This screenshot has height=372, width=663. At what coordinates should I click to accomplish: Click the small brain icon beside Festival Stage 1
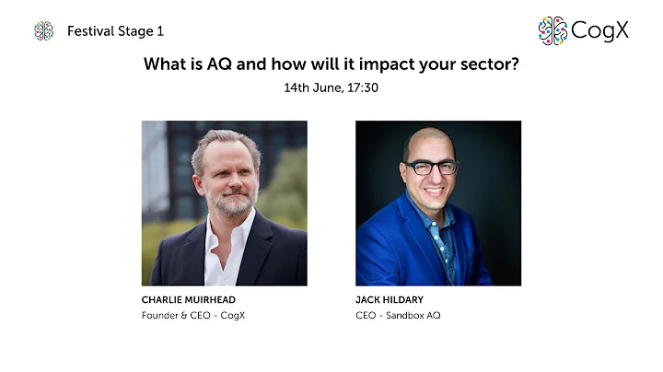point(43,31)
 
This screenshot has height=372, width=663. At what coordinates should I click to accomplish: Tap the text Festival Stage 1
point(115,31)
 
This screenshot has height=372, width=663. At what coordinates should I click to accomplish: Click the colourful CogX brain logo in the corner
point(552,30)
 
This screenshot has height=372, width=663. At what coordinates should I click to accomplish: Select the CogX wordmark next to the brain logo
point(599,30)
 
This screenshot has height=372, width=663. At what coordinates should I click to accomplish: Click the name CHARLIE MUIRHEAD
point(187,300)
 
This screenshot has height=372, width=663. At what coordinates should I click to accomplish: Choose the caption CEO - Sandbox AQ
point(400,316)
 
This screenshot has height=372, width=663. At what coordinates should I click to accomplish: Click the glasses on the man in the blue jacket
point(432,168)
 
